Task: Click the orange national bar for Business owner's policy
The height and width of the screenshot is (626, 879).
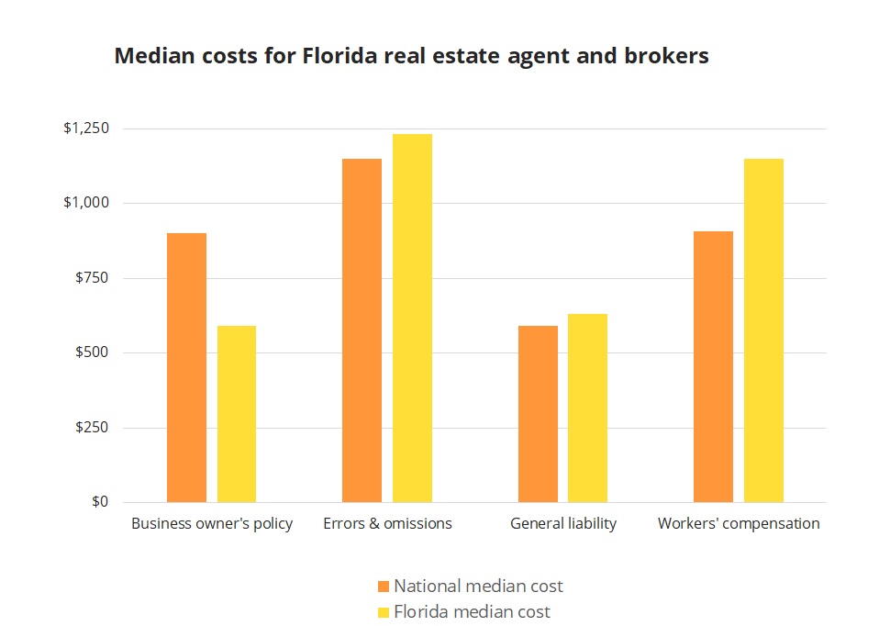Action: [186, 367]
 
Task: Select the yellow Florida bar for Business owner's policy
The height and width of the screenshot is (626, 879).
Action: [237, 414]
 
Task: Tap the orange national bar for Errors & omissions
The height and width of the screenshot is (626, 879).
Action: [362, 330]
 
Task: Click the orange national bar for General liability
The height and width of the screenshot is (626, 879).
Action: [538, 414]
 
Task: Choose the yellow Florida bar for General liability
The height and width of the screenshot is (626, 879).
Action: [587, 408]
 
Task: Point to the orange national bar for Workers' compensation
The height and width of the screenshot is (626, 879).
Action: [713, 366]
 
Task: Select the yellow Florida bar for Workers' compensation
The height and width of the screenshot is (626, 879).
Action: [763, 330]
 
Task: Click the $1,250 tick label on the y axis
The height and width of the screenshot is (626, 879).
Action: [86, 129]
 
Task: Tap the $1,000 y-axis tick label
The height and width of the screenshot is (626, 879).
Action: [86, 203]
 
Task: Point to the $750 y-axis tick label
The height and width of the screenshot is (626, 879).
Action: [92, 278]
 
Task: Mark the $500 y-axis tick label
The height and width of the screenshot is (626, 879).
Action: [92, 353]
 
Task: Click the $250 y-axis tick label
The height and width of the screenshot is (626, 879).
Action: [92, 428]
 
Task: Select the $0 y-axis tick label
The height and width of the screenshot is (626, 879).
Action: [100, 502]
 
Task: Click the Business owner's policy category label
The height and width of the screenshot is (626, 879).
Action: [212, 524]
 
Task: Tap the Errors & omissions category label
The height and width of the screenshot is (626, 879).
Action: [387, 524]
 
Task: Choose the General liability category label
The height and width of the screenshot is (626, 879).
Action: [563, 524]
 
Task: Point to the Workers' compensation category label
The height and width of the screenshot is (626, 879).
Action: [739, 524]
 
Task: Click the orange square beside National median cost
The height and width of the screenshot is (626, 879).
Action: [384, 586]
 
